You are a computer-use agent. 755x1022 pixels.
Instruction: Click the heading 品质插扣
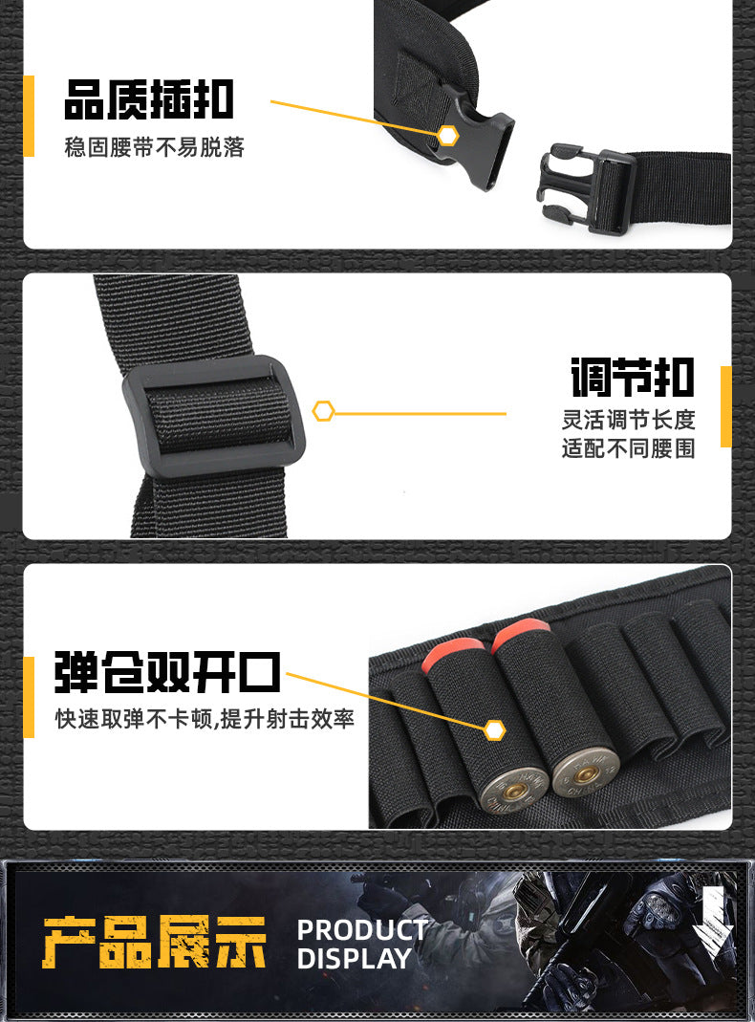click(148, 99)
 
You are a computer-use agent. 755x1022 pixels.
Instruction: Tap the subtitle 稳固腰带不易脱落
click(155, 147)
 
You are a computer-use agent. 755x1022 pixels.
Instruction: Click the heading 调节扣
click(633, 377)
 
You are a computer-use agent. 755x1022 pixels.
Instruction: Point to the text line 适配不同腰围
click(629, 448)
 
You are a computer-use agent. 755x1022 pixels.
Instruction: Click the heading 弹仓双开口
click(167, 672)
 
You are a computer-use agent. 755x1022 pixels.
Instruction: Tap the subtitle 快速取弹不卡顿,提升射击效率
click(205, 719)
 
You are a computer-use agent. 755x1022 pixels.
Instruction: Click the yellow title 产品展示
click(155, 943)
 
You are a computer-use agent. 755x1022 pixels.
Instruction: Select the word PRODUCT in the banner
click(362, 930)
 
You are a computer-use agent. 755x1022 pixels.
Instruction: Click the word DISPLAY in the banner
click(355, 959)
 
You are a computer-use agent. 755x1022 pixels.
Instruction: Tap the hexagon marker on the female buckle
click(447, 136)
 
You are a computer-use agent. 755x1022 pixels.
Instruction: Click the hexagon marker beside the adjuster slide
click(324, 411)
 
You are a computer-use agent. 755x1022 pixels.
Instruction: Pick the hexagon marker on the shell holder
click(495, 730)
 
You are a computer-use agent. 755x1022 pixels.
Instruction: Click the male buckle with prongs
click(586, 189)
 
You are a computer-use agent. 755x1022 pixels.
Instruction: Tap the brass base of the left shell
click(514, 790)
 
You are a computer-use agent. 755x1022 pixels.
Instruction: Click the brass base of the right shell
click(586, 773)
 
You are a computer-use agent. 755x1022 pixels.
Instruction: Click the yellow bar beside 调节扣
click(725, 406)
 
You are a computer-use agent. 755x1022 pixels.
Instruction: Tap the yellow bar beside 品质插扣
click(29, 116)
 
